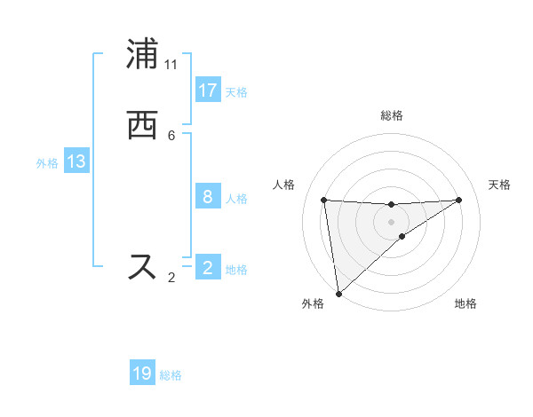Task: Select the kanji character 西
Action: [142, 125]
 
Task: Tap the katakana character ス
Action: [142, 266]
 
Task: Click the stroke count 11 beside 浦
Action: [171, 65]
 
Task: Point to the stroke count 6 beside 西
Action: [171, 135]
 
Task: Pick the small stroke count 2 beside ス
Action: [171, 278]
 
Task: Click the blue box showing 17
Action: [207, 90]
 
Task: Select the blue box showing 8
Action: [207, 197]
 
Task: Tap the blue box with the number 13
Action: [76, 161]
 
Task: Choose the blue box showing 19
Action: [142, 374]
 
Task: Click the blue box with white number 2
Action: [207, 268]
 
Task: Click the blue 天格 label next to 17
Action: [236, 92]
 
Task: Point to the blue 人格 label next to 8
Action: [236, 199]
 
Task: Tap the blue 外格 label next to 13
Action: [47, 163]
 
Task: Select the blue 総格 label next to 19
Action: [171, 375]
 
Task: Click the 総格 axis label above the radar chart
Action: [391, 115]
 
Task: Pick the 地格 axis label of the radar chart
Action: [465, 303]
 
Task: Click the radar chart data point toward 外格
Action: [338, 294]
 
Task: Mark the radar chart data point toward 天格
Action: [458, 200]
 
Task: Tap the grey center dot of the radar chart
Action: [391, 221]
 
